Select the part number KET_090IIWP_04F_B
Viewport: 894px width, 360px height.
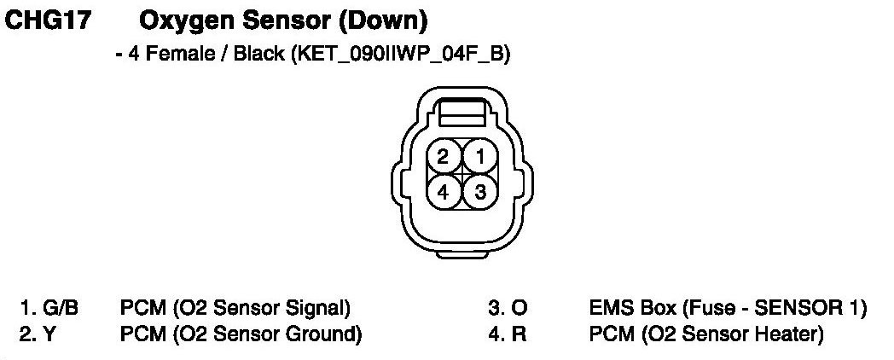click(400, 56)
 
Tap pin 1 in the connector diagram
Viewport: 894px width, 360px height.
click(480, 156)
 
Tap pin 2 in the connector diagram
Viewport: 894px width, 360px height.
click(443, 156)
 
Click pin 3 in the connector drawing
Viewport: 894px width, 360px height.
click(480, 192)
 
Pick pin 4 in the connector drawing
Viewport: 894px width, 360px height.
click(443, 192)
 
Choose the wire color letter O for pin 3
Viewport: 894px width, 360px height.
click(519, 308)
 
